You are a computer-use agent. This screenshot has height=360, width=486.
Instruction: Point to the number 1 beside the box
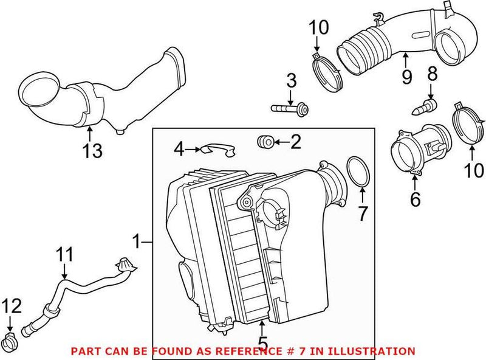(138, 243)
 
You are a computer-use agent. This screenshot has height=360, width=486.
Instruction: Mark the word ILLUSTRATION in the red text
(375, 351)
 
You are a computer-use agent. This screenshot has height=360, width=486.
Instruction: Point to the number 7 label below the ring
(362, 213)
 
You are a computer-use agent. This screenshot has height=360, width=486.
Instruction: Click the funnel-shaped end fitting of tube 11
(125, 266)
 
